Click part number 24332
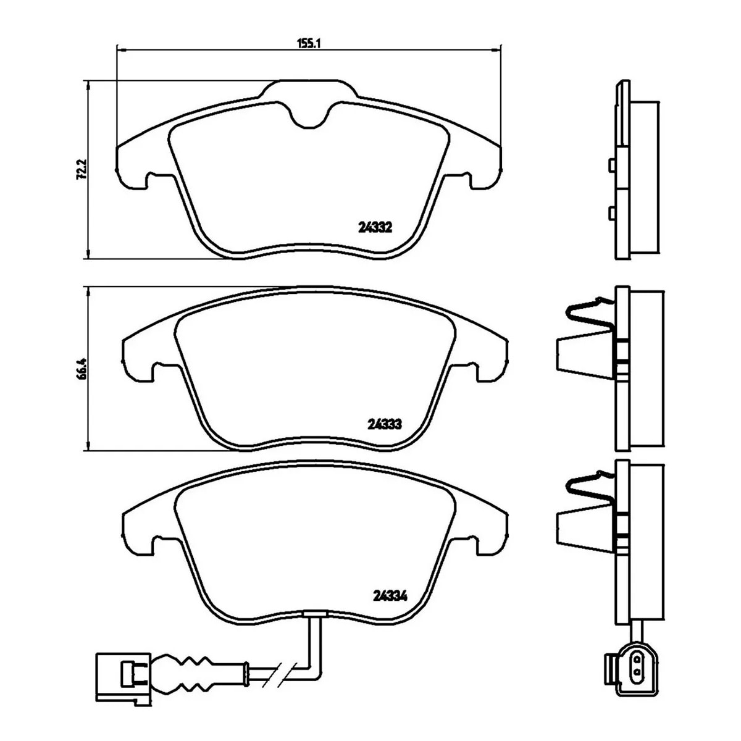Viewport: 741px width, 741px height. click(375, 228)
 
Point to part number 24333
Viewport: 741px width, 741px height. click(385, 424)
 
